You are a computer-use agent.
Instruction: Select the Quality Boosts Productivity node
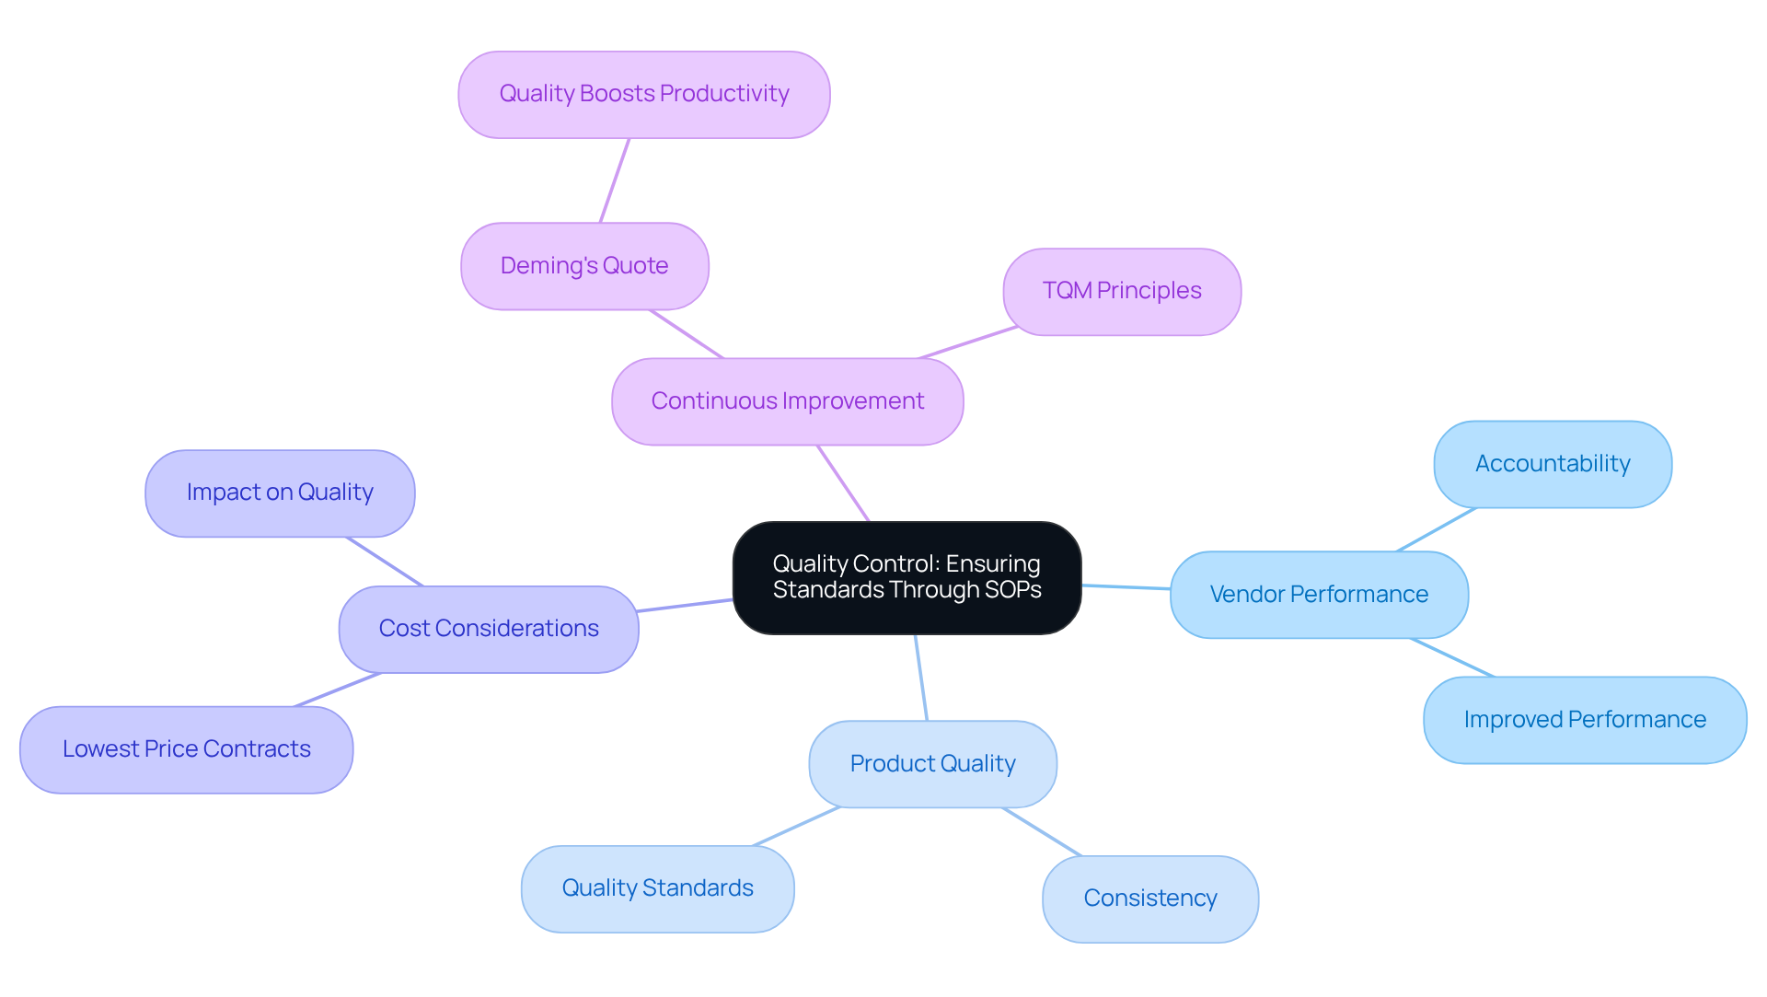[x=644, y=95]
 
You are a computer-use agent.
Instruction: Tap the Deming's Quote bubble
[x=584, y=266]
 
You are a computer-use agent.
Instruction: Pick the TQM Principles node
[x=1122, y=291]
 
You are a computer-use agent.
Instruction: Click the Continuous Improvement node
[x=787, y=401]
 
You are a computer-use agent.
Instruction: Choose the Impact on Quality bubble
[x=280, y=493]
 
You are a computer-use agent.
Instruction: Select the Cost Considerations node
[x=489, y=629]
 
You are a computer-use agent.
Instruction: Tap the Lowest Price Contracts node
[x=186, y=749]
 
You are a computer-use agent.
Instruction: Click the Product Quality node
[x=932, y=764]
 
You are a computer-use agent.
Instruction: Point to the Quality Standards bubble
[x=657, y=888]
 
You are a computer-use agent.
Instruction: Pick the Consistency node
[x=1149, y=898]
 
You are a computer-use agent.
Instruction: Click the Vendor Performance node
[x=1319, y=595]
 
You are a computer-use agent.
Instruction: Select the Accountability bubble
[x=1553, y=464]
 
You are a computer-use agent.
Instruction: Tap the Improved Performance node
[x=1585, y=720]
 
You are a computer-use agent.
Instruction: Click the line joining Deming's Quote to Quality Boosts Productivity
[x=615, y=180]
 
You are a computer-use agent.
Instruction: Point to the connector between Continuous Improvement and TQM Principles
[x=968, y=342]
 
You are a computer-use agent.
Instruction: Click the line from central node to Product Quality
[x=921, y=678]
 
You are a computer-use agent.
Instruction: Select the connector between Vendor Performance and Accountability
[x=1437, y=529]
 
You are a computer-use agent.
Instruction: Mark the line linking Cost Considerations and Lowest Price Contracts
[x=337, y=690]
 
